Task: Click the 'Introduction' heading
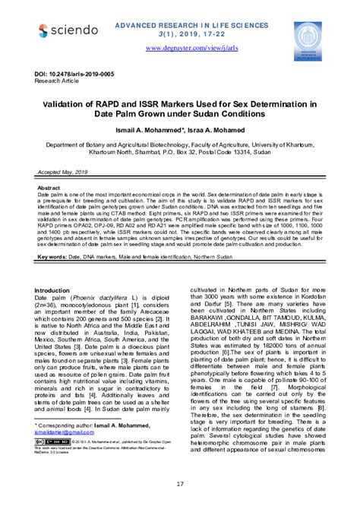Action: click(x=58, y=291)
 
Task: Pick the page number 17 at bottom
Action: click(x=180, y=483)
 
